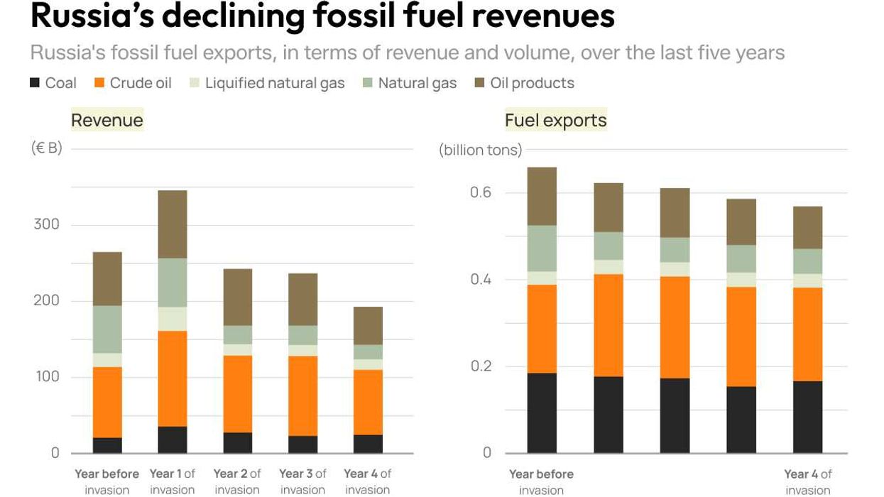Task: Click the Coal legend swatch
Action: (x=35, y=83)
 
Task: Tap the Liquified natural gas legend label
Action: (x=275, y=83)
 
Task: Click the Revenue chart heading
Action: (x=107, y=120)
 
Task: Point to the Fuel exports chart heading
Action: (x=555, y=120)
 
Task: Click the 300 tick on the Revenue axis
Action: (x=46, y=224)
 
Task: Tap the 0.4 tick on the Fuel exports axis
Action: (x=481, y=280)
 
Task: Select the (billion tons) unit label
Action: (x=480, y=150)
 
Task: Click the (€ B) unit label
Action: (x=46, y=148)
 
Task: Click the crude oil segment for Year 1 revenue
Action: (x=173, y=378)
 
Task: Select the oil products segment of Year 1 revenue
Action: (x=173, y=224)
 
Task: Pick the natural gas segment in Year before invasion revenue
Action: (x=107, y=329)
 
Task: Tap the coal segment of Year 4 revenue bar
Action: (x=368, y=444)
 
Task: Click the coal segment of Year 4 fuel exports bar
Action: (x=807, y=417)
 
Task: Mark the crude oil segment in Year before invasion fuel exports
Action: (x=542, y=329)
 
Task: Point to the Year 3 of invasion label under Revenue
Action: (x=302, y=481)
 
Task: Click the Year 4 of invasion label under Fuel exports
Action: (x=807, y=481)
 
